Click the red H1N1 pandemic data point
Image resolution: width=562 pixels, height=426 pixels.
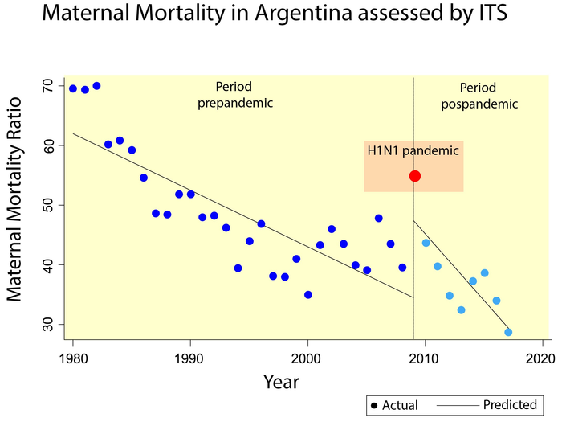click(415, 176)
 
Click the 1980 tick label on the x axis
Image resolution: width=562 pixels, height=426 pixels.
click(73, 357)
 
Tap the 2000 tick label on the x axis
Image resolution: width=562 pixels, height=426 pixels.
click(307, 357)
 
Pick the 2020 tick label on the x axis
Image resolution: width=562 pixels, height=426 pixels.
click(542, 357)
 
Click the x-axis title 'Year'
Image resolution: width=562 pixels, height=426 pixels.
click(281, 382)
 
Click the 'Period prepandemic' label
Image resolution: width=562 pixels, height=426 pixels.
click(236, 94)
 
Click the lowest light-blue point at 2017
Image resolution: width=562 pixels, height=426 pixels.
click(508, 332)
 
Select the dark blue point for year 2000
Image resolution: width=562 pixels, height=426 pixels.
click(307, 295)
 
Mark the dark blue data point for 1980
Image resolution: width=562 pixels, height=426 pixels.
click(73, 88)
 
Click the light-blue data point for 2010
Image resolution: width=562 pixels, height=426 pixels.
click(426, 243)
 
